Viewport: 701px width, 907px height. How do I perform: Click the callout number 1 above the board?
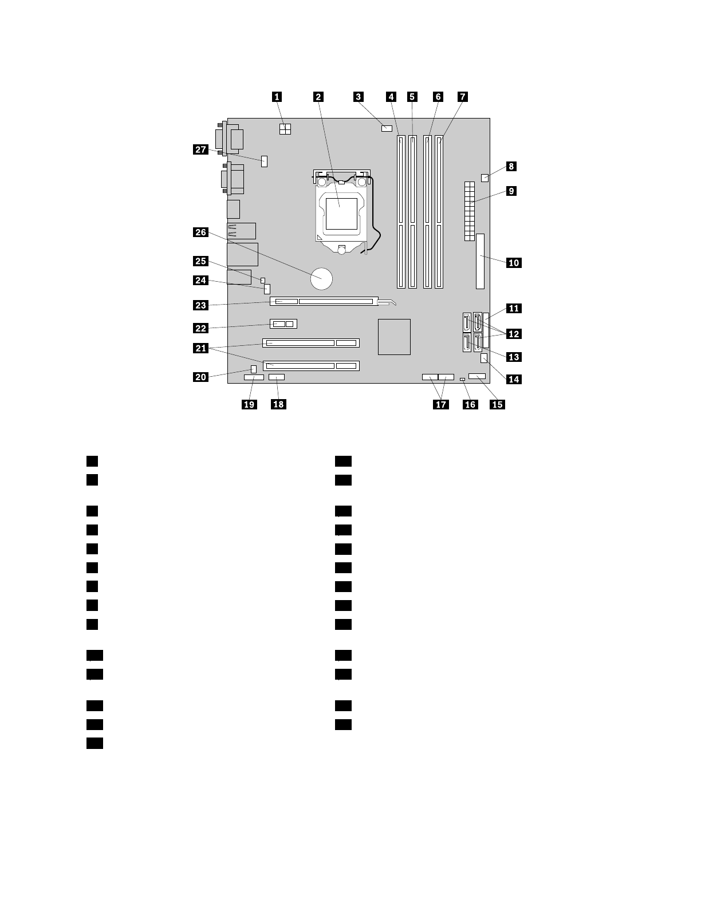point(277,97)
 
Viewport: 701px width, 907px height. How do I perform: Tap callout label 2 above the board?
point(318,97)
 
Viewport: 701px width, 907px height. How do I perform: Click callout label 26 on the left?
point(200,232)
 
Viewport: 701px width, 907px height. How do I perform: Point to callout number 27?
point(200,150)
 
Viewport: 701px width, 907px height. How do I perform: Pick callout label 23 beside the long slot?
point(200,305)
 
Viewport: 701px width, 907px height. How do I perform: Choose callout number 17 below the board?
point(440,404)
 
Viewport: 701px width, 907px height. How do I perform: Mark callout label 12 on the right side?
point(514,333)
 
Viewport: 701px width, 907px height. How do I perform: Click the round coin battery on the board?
point(322,279)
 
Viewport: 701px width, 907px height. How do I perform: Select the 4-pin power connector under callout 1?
point(285,129)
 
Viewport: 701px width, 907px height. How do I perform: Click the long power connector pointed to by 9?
point(469,211)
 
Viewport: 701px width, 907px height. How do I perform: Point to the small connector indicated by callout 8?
point(485,177)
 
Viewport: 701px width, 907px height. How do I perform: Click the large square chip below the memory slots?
point(394,337)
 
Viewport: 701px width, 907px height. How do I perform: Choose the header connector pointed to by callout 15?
point(476,376)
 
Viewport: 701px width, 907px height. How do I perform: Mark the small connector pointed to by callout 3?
point(385,128)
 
